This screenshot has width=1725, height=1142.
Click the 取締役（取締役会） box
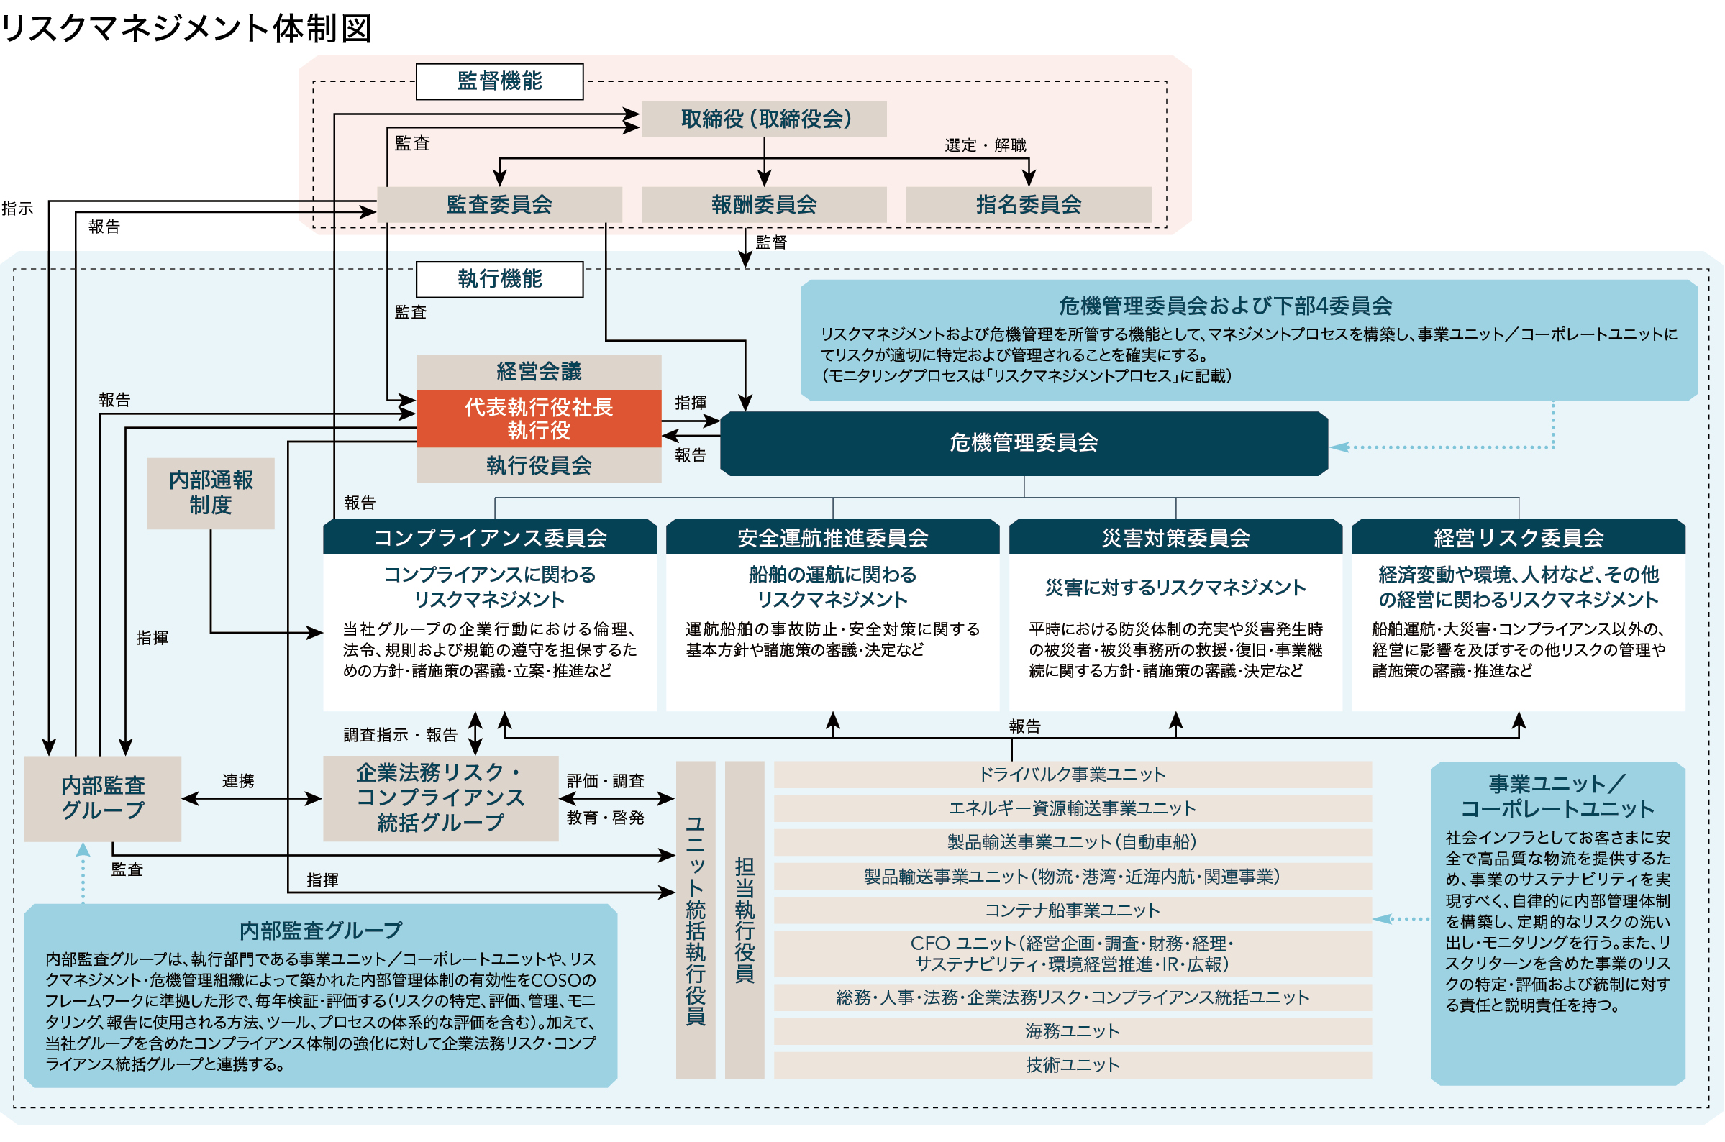(x=764, y=119)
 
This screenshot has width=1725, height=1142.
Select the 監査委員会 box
(x=500, y=205)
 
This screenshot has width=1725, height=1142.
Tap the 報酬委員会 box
(x=764, y=205)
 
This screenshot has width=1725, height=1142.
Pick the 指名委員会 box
(x=1029, y=205)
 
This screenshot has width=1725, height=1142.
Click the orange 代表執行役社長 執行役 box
(x=539, y=419)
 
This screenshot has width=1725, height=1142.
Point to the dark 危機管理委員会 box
(x=1024, y=443)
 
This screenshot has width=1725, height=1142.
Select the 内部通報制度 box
(x=211, y=493)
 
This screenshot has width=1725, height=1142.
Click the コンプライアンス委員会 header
(x=490, y=537)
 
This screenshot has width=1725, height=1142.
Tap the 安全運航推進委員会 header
(x=832, y=537)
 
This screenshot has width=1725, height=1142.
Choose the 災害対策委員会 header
(x=1175, y=537)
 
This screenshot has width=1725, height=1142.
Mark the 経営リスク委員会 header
(x=1519, y=537)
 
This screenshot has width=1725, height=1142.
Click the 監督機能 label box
(x=500, y=81)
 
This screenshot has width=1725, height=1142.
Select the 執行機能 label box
(x=500, y=279)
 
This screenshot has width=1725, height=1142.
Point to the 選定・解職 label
(x=986, y=145)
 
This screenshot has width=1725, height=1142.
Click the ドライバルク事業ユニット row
(x=1073, y=775)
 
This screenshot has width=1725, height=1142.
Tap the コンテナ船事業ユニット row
(x=1073, y=910)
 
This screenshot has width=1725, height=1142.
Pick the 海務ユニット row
(x=1073, y=1031)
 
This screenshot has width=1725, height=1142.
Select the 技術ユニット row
(x=1073, y=1065)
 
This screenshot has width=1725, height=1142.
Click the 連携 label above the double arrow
(x=238, y=782)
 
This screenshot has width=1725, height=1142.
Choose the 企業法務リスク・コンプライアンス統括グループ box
(x=441, y=798)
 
